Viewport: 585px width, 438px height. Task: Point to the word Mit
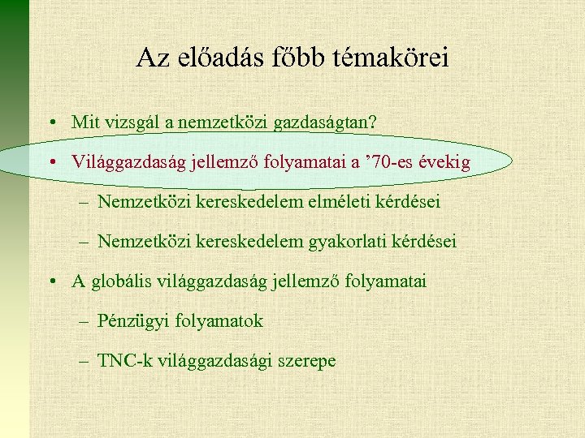84,122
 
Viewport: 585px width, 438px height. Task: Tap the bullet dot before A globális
51,282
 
